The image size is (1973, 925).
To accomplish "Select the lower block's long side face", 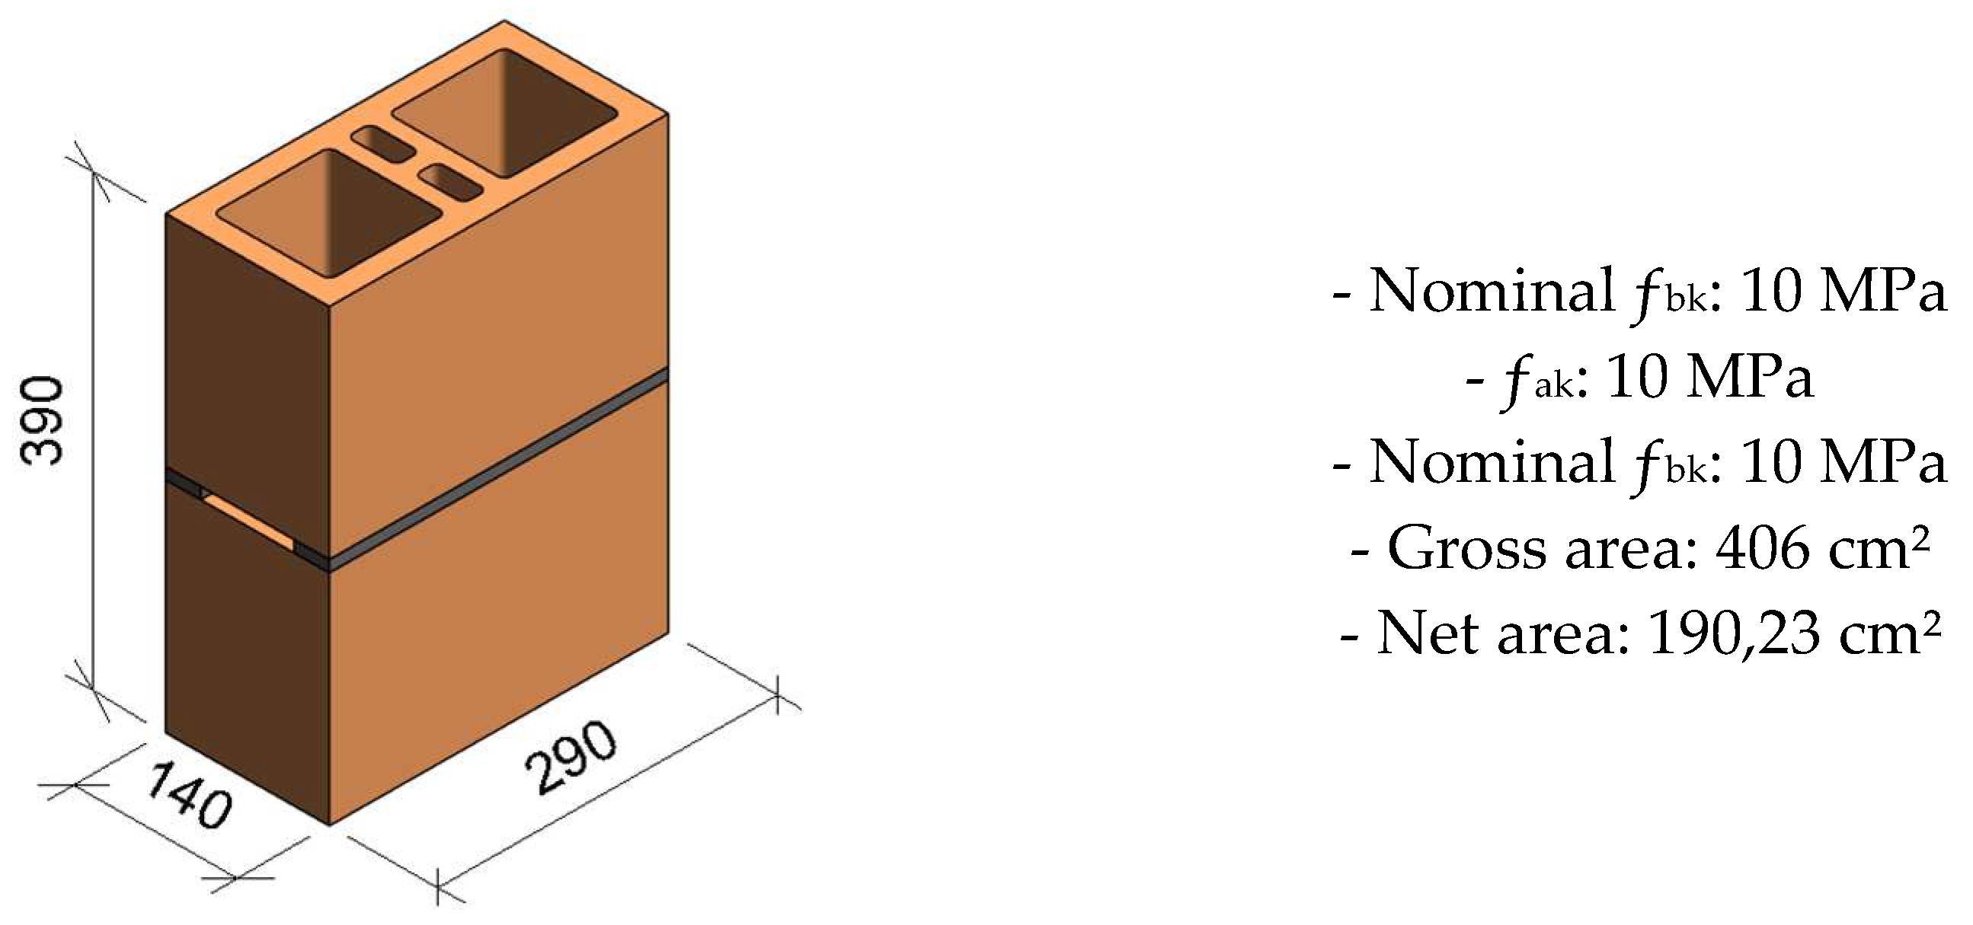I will [498, 613].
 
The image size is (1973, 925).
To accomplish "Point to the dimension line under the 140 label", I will [161, 831].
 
